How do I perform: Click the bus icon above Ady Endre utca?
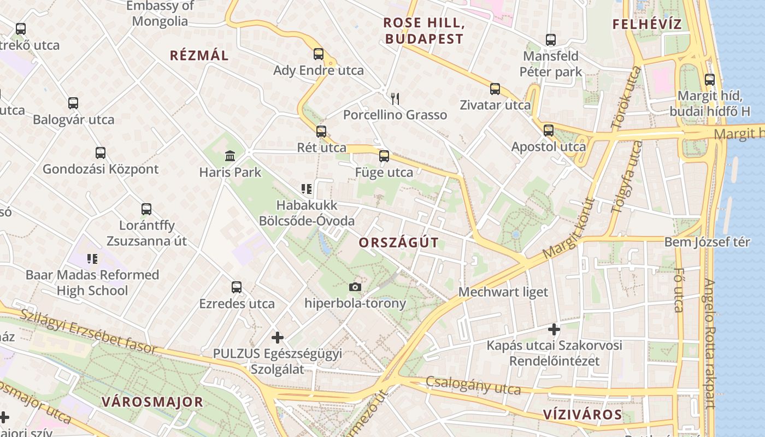pyautogui.click(x=319, y=54)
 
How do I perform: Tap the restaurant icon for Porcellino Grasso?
pyautogui.click(x=395, y=99)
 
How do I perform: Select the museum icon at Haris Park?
pyautogui.click(x=230, y=156)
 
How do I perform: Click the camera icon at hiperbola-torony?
pyautogui.click(x=355, y=287)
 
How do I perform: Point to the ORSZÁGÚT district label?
pyautogui.click(x=399, y=243)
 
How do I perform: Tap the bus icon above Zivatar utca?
pyautogui.click(x=495, y=89)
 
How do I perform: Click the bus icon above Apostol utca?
pyautogui.click(x=549, y=131)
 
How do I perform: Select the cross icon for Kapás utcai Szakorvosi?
pyautogui.click(x=554, y=329)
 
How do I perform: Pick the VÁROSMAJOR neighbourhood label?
pyautogui.click(x=152, y=403)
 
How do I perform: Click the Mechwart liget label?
pyautogui.click(x=503, y=292)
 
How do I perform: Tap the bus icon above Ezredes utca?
pyautogui.click(x=237, y=287)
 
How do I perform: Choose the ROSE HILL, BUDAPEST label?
pyautogui.click(x=423, y=31)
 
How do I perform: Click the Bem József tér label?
pyautogui.click(x=707, y=242)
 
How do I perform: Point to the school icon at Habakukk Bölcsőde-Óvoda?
pyautogui.click(x=307, y=190)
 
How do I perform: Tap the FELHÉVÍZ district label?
pyautogui.click(x=647, y=25)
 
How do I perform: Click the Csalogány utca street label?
pyautogui.click(x=473, y=385)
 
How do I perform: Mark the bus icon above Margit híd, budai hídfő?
pyautogui.click(x=710, y=80)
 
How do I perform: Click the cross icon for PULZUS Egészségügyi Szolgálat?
pyautogui.click(x=278, y=338)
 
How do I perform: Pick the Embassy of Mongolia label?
pyautogui.click(x=160, y=14)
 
